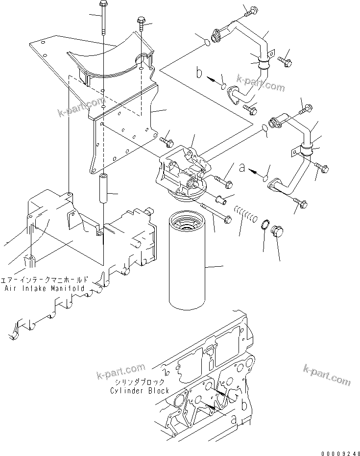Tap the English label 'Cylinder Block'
140,390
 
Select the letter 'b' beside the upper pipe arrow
199,74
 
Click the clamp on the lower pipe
305,149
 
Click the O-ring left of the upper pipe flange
208,43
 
